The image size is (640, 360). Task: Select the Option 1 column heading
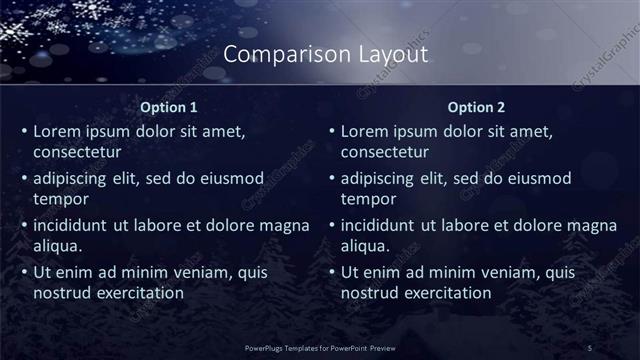click(169, 107)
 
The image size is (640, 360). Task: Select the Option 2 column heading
click(477, 107)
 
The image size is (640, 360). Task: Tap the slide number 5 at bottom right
click(590, 347)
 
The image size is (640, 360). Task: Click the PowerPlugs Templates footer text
click(320, 347)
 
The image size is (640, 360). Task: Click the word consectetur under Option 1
click(78, 152)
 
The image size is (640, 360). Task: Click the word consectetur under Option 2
click(386, 152)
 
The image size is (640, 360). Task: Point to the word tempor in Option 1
click(61, 199)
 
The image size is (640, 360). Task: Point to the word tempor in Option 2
click(369, 199)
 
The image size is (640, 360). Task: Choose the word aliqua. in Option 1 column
click(58, 245)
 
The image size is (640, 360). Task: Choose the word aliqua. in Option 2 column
click(366, 245)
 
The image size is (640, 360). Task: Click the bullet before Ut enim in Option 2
click(331, 272)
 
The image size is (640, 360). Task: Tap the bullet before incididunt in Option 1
click(23, 225)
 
